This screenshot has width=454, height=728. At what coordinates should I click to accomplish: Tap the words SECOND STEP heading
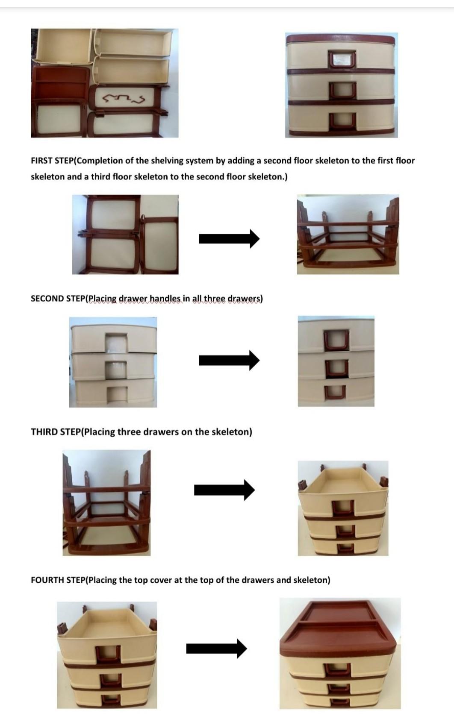[x=58, y=299]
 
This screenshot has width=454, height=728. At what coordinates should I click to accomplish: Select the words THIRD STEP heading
[x=56, y=432]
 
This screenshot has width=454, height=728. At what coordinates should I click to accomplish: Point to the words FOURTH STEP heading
[x=58, y=580]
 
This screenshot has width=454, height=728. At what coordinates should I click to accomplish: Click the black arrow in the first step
[x=229, y=238]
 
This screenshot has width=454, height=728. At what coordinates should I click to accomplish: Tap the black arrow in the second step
[x=229, y=360]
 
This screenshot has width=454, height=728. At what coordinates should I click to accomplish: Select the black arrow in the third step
[x=224, y=490]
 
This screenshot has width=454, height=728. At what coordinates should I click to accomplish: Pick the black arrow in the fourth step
[x=216, y=649]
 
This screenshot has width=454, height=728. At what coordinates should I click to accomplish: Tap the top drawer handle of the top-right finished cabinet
[x=342, y=59]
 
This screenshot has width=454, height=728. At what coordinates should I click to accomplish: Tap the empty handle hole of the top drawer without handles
[x=116, y=342]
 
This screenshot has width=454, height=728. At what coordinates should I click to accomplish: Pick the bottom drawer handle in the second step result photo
[x=335, y=393]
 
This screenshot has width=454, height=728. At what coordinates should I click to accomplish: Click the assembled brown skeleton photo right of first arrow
[x=348, y=235]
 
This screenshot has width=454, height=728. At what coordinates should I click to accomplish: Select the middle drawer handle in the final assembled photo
[x=340, y=688]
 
